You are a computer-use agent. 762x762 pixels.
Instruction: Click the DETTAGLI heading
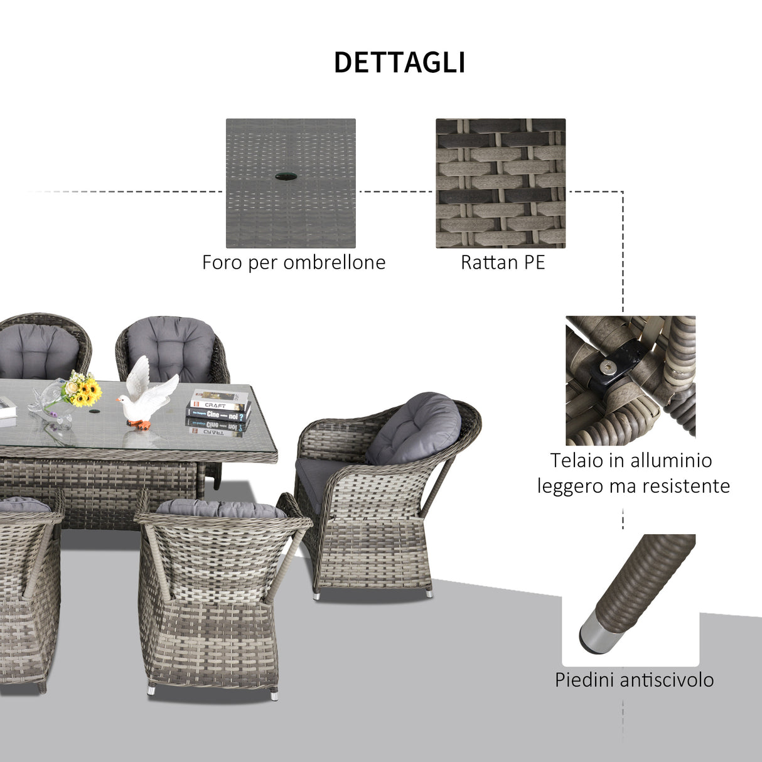coord(399,63)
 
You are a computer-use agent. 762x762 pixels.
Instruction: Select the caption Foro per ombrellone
coord(294,262)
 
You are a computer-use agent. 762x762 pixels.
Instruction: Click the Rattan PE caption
coord(503,262)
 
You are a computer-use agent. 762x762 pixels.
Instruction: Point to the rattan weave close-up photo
coord(500,183)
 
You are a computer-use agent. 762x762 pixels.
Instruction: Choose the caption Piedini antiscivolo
coord(634,680)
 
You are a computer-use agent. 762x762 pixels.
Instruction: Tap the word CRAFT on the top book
coord(215,405)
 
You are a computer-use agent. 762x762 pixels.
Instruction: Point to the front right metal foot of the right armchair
coord(429,592)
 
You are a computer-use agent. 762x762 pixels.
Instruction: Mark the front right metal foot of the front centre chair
coord(274,694)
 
